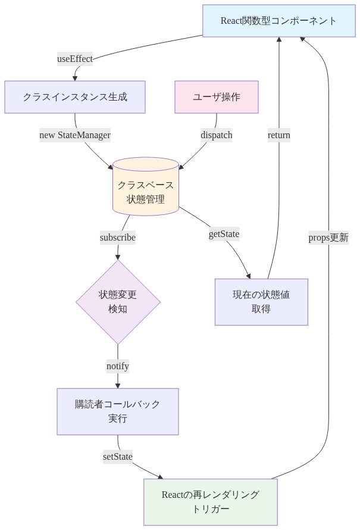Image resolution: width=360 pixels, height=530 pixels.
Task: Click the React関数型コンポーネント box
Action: pyautogui.click(x=278, y=21)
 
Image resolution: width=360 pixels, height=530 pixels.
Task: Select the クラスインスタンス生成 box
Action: pyautogui.click(x=75, y=96)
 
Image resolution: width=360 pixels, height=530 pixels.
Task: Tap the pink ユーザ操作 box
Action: pyautogui.click(x=217, y=96)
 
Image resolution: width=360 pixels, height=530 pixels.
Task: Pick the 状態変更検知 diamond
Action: pyautogui.click(x=118, y=302)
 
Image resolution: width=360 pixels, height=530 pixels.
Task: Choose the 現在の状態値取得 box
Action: pyautogui.click(x=261, y=302)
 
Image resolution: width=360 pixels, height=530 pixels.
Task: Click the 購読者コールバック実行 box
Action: pyautogui.click(x=118, y=411)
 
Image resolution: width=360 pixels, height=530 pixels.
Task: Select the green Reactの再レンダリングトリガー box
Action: pyautogui.click(x=211, y=502)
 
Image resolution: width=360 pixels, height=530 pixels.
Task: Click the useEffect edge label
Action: pyautogui.click(x=75, y=58)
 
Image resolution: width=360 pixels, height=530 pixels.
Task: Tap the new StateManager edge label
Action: pyautogui.click(x=75, y=135)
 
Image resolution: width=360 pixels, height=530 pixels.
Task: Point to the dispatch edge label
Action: pyautogui.click(x=217, y=135)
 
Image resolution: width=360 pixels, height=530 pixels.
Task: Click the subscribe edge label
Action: pyautogui.click(x=118, y=237)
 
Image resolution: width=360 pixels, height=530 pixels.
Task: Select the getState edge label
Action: pyautogui.click(x=224, y=234)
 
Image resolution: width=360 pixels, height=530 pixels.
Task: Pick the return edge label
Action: pyautogui.click(x=279, y=135)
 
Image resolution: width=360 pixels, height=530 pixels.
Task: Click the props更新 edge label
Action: pyautogui.click(x=328, y=237)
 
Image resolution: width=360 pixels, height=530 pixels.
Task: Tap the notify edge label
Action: pyautogui.click(x=118, y=366)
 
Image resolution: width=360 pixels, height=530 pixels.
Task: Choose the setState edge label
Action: pyautogui.click(x=118, y=456)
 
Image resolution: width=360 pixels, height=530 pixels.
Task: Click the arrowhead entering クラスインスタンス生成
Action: pyautogui.click(x=75, y=77)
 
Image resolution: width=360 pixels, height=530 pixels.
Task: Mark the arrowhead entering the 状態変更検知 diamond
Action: pyautogui.click(x=118, y=256)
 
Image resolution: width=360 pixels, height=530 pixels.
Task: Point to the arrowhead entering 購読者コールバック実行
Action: pyautogui.click(x=118, y=385)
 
